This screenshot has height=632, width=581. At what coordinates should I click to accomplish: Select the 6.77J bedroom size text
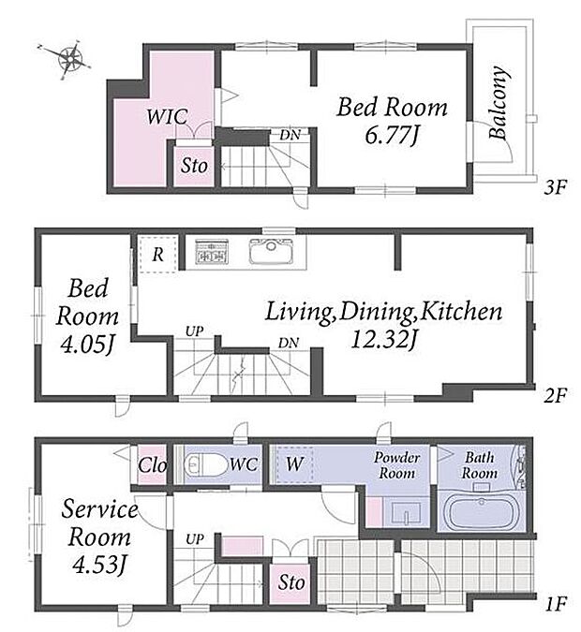(392, 135)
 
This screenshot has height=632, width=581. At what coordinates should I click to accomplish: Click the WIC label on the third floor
(167, 116)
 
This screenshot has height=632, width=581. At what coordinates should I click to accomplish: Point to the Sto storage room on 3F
(194, 166)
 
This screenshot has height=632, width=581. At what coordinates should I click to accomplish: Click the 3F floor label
(555, 187)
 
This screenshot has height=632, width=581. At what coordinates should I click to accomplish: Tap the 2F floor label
(555, 395)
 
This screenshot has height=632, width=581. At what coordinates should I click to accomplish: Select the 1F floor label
(556, 604)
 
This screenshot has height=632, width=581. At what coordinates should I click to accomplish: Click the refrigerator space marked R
(157, 255)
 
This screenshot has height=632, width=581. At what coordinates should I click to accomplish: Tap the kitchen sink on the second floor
(271, 251)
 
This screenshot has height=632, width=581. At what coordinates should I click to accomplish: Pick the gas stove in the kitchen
(212, 252)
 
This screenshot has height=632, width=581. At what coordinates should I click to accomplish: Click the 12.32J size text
(383, 340)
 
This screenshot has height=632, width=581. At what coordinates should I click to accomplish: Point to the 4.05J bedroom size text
(86, 345)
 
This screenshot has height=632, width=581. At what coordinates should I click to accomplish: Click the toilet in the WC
(206, 464)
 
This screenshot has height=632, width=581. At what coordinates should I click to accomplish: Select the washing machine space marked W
(294, 464)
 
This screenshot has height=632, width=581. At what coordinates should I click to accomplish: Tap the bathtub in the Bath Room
(482, 510)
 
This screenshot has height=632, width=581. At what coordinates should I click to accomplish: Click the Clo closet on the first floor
(152, 465)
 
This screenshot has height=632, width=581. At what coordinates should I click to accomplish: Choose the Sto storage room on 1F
(290, 582)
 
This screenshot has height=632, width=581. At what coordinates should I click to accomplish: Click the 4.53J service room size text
(98, 565)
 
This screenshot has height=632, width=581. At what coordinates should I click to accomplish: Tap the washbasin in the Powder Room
(406, 512)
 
